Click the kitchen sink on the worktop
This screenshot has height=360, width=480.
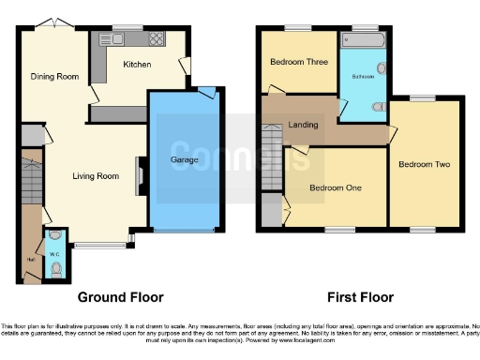click(126, 39)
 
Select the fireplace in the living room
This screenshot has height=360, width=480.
click(140, 173)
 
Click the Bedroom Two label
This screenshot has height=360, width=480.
click(424, 164)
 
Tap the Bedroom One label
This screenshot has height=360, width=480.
click(336, 186)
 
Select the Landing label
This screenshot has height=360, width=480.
click(303, 125)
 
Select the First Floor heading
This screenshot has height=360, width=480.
click(359, 297)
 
